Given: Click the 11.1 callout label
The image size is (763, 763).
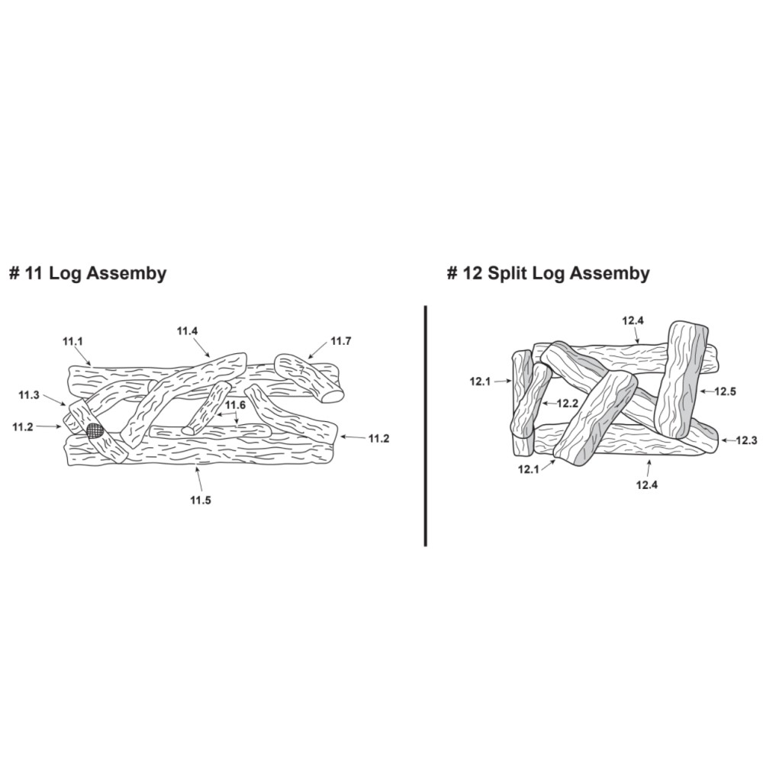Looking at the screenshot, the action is point(72,342).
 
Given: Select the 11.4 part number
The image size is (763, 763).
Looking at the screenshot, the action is point(187,331).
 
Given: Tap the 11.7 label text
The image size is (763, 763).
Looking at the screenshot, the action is point(340,341).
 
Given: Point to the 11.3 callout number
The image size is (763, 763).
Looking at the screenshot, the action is point(29,395).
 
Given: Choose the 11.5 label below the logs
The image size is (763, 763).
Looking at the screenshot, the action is point(201,501).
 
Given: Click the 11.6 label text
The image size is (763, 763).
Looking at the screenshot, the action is point(235,405).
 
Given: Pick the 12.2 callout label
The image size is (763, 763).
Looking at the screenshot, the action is point(567,403).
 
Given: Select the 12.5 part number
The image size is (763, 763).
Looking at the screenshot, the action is point(726,391).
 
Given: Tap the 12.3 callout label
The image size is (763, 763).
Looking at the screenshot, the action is point(746,441).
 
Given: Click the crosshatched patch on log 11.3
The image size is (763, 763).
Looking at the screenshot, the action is point(95,430).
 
